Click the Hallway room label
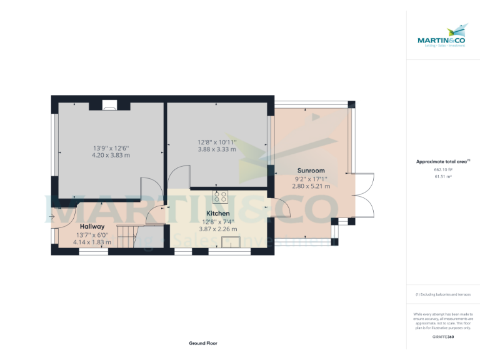click(x=92, y=226)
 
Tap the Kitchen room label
click(x=218, y=214)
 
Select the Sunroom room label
click(x=310, y=171)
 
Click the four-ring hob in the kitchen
click(x=220, y=197)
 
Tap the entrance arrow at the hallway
click(x=51, y=217)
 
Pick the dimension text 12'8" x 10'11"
click(x=217, y=141)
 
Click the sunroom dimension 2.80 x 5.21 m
click(x=312, y=186)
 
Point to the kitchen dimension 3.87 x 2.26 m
click(x=218, y=229)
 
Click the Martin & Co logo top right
click(x=442, y=36)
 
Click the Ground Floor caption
click(x=203, y=343)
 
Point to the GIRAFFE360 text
click(x=442, y=337)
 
